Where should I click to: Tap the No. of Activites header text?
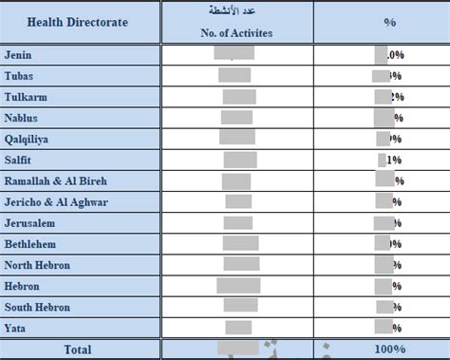[x=237, y=31]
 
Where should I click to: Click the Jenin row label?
[x=18, y=54]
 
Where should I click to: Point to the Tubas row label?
[x=20, y=76]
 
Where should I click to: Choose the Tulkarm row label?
[x=26, y=97]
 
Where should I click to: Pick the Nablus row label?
[x=23, y=118]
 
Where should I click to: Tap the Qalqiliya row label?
[x=28, y=139]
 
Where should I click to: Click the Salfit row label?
[x=19, y=160]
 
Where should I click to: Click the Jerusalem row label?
[x=29, y=223]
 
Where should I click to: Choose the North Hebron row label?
[x=38, y=265]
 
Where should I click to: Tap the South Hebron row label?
[x=38, y=307]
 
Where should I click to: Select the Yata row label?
[x=16, y=328]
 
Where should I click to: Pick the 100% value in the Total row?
[x=389, y=350]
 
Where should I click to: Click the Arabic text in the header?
[x=237, y=11]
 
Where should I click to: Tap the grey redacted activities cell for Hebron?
[x=238, y=286]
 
